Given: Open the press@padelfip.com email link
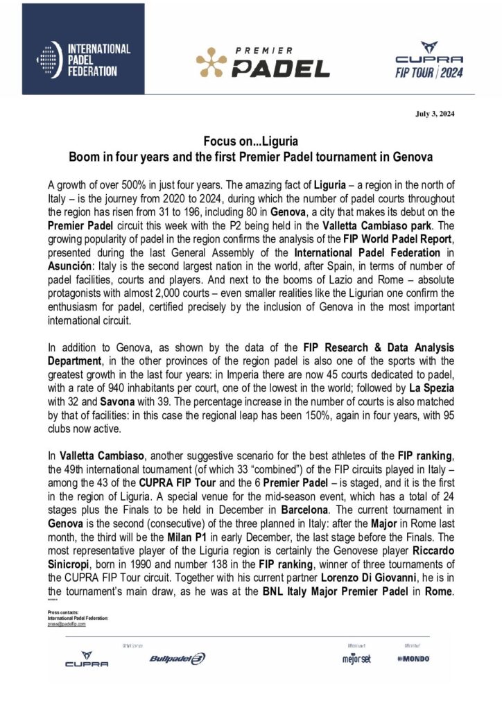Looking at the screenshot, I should tap(67, 624).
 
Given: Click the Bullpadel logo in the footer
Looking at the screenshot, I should tap(177, 658).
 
